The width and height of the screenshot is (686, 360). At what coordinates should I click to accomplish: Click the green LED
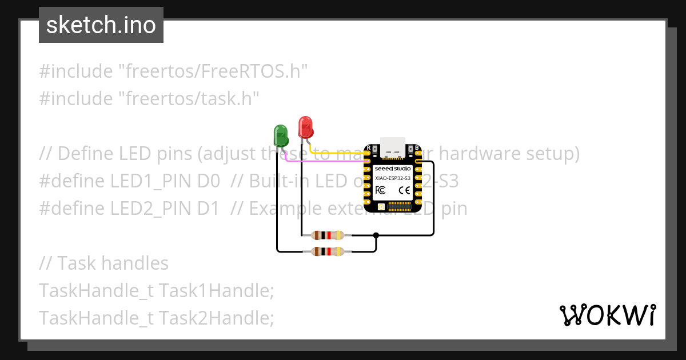[x=281, y=136]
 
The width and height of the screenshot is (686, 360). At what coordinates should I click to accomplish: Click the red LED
[x=305, y=127]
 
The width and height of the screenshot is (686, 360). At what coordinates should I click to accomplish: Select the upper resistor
[x=328, y=235]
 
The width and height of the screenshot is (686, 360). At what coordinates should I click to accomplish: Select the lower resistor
[x=328, y=251]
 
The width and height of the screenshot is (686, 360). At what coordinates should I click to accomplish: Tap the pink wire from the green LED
[x=326, y=162]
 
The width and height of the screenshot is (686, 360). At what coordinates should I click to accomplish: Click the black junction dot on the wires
[x=376, y=235]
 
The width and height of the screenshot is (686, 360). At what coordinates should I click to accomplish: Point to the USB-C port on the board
[x=393, y=147]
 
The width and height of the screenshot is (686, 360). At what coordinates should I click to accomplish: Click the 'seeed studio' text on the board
[x=393, y=169]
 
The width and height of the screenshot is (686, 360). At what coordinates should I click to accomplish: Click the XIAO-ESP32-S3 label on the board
[x=393, y=178]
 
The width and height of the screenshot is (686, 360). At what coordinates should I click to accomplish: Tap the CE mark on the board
[x=404, y=190]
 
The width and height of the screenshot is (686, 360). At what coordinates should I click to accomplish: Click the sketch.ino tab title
[x=101, y=25]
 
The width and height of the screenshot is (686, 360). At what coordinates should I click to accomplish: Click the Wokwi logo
[x=607, y=315]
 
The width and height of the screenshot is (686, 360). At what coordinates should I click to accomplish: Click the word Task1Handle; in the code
[x=216, y=290]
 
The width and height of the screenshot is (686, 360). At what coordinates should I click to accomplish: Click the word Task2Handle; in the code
[x=216, y=318]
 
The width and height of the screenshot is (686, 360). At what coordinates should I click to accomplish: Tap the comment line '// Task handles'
[x=103, y=263]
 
